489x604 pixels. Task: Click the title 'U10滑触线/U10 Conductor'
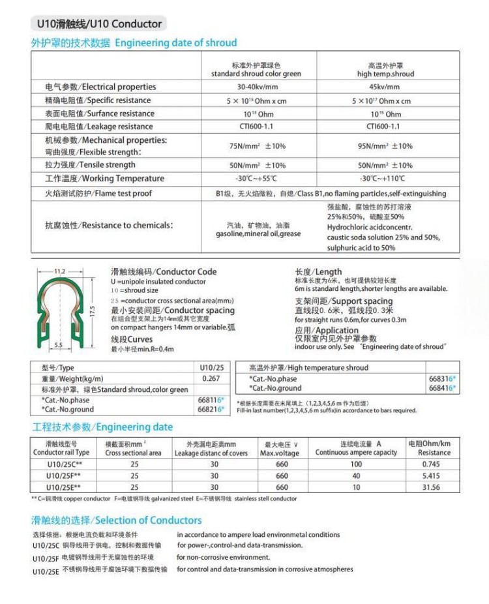[x=96, y=24]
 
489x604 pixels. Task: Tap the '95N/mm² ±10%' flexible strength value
[x=385, y=146]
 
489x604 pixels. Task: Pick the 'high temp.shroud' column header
[x=385, y=74]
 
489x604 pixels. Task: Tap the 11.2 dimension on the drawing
[x=60, y=271]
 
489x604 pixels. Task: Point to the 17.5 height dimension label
[x=93, y=312]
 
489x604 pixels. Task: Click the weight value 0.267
[x=211, y=378]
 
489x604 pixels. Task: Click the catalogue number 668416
[x=441, y=388]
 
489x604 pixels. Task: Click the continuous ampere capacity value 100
[x=356, y=464]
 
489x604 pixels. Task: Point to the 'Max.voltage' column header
[x=280, y=453]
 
